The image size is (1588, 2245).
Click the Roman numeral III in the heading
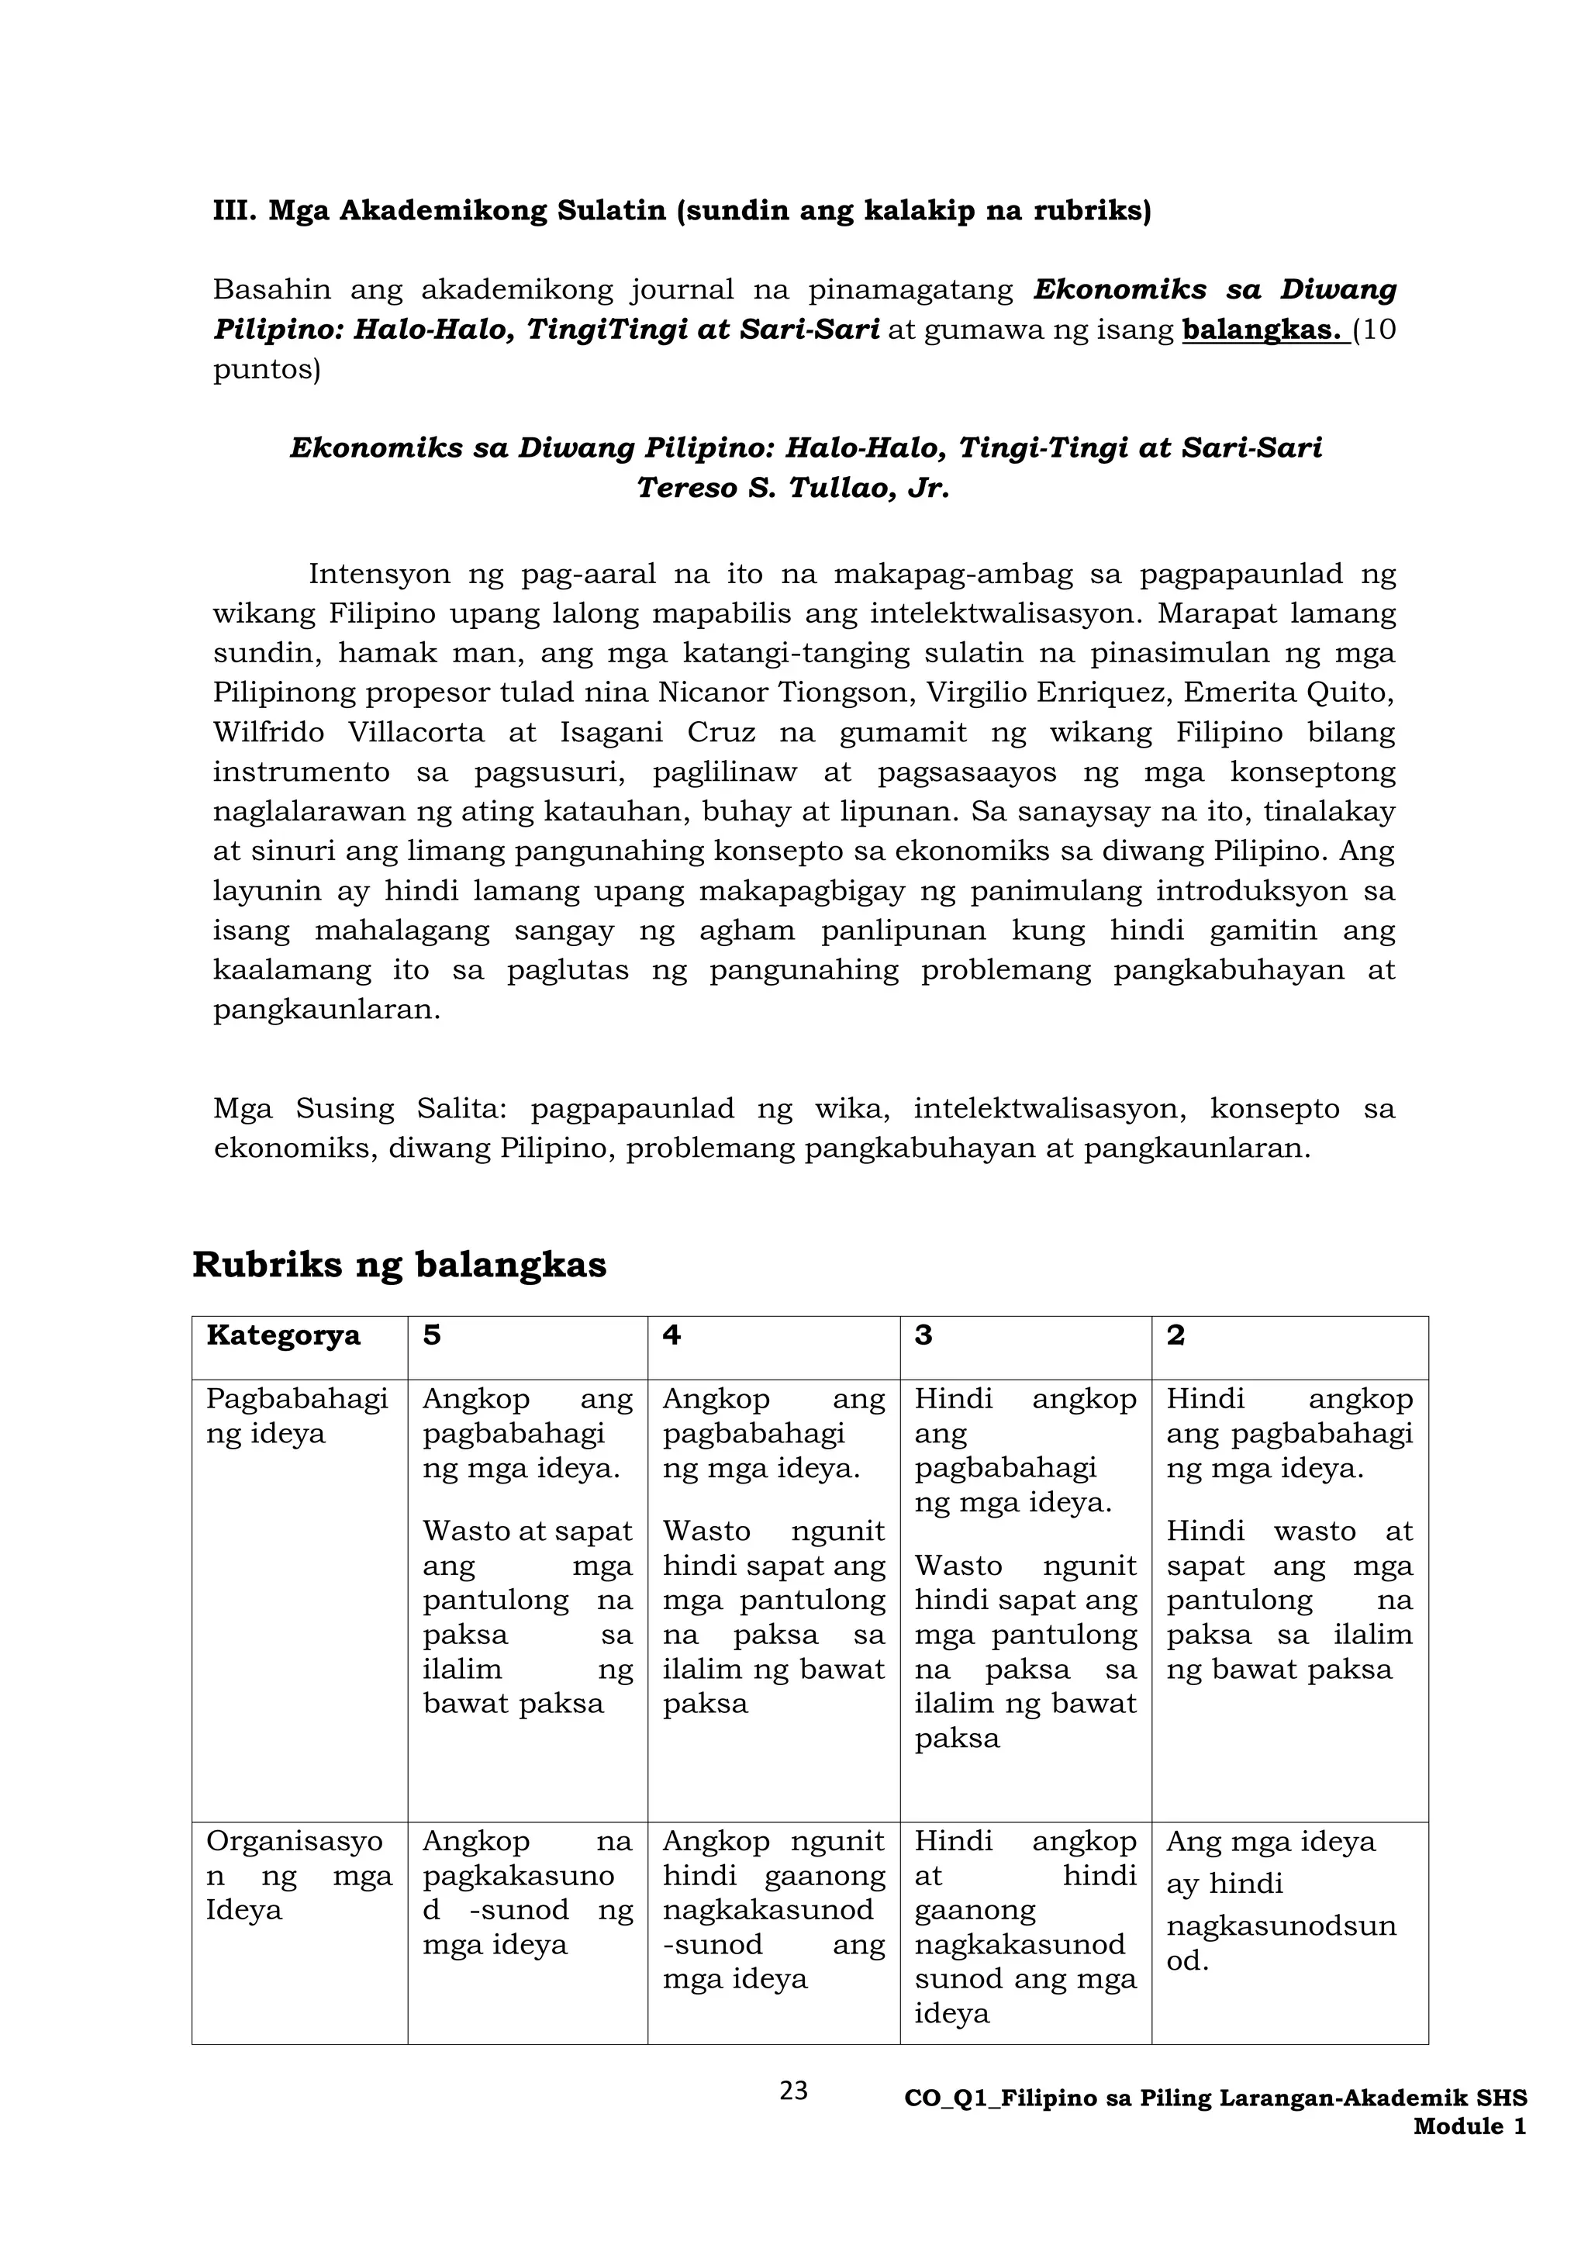(233, 211)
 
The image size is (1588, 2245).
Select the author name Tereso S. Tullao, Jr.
(793, 488)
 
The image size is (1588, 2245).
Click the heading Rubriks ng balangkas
(399, 1264)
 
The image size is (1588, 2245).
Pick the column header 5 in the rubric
(431, 1335)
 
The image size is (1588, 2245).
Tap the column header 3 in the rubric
(923, 1335)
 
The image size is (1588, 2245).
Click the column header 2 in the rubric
(1175, 1335)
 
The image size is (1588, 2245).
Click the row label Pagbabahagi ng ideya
(297, 1416)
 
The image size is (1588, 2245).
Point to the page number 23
(794, 2091)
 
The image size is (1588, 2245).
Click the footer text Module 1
(1469, 2126)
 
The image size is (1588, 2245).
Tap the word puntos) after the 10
(266, 371)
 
